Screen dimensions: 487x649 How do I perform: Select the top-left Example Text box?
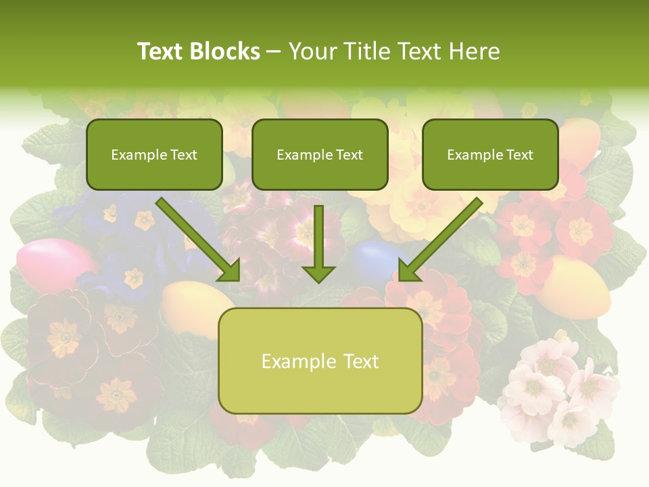pyautogui.click(x=154, y=154)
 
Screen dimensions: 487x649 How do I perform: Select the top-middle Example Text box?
pyautogui.click(x=320, y=154)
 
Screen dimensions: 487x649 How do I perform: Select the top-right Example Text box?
pyautogui.click(x=490, y=154)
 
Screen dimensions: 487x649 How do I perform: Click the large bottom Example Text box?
pyautogui.click(x=320, y=361)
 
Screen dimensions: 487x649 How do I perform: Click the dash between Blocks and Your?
pyautogui.click(x=274, y=51)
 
